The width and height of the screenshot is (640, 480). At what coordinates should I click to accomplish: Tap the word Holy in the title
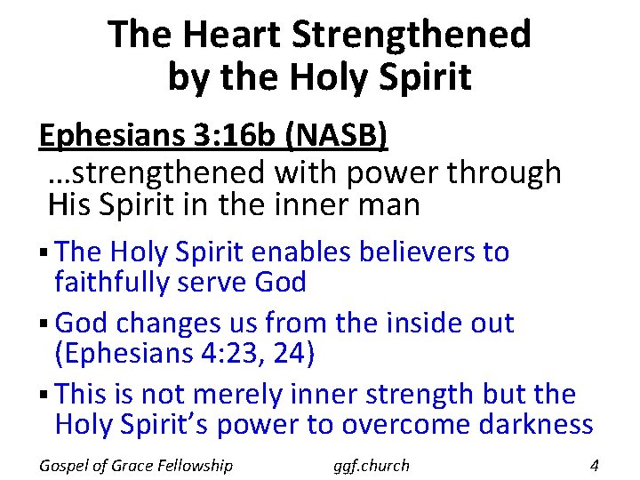(x=339, y=77)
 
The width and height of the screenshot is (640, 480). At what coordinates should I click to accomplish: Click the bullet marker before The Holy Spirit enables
(x=44, y=252)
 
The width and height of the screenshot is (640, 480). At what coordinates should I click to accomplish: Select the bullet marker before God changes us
(x=44, y=324)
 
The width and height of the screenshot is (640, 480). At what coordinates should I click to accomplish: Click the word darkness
(x=538, y=424)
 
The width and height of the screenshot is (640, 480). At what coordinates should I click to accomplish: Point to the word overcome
(x=412, y=424)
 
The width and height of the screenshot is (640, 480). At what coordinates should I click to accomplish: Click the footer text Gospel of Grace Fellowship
(x=136, y=465)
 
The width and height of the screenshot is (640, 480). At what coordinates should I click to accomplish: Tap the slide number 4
(x=595, y=465)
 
